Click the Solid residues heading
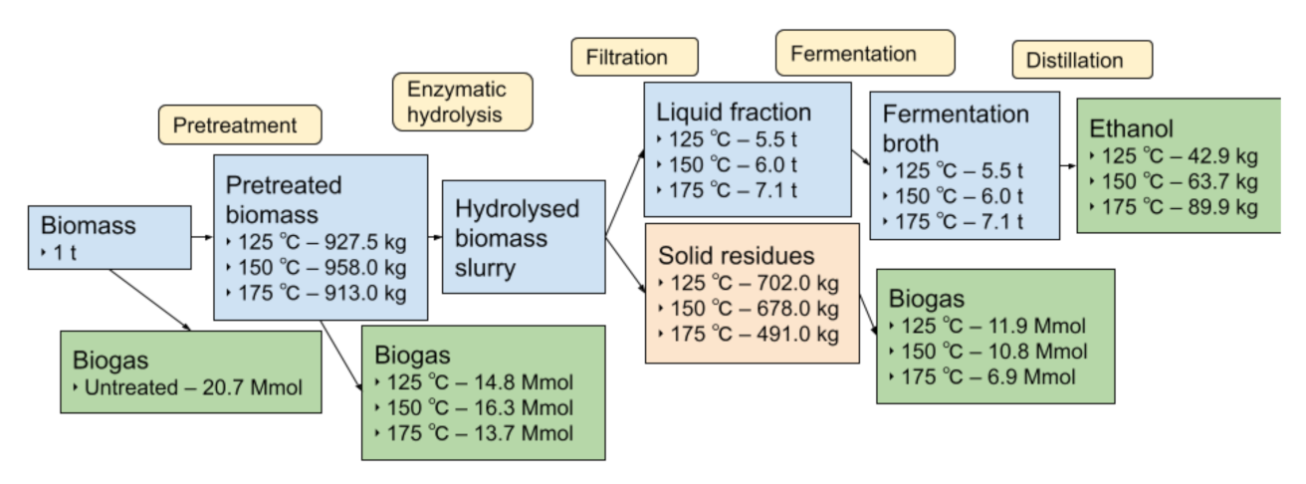pos(736,255)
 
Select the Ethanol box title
pos(1131,128)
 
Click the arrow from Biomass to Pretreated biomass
pos(202,238)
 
